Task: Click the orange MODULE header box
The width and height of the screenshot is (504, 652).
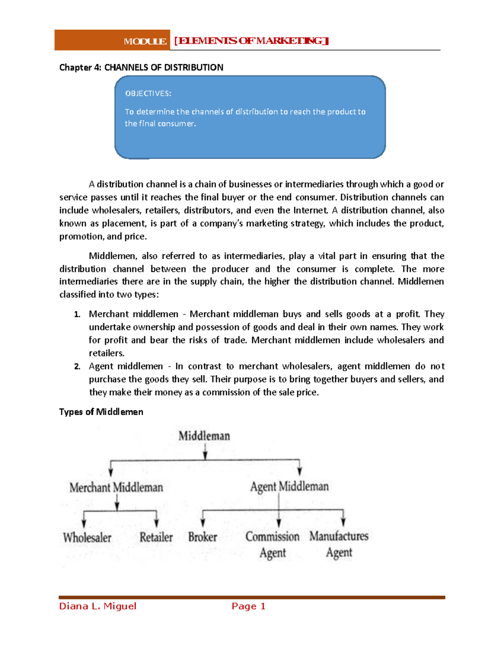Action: [112, 40]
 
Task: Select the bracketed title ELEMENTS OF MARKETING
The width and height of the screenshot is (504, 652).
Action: [251, 41]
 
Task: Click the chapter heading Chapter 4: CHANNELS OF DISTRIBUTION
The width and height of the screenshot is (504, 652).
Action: [141, 68]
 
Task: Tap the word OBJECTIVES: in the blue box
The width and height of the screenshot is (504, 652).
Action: [148, 94]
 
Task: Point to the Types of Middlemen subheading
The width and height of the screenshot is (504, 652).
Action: [101, 412]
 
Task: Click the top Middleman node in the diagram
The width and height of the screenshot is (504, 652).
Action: [204, 436]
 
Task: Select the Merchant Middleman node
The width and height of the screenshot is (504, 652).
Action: [116, 487]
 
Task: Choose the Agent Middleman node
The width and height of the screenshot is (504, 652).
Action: [289, 487]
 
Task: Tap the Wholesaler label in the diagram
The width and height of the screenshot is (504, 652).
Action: [87, 538]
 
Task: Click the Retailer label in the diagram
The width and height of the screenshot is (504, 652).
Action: [156, 537]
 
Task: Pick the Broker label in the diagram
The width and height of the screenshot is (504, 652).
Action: [202, 537]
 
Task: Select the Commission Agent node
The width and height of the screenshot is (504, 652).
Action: [273, 545]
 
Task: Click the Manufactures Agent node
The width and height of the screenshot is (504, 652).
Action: [339, 544]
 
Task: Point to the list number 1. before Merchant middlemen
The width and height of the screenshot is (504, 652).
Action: [77, 314]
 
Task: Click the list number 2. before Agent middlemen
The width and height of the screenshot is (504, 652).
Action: [77, 367]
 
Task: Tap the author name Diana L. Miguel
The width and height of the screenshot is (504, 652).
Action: [98, 606]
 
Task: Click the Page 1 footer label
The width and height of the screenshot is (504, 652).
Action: [249, 606]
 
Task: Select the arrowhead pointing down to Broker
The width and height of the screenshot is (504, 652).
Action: [203, 523]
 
